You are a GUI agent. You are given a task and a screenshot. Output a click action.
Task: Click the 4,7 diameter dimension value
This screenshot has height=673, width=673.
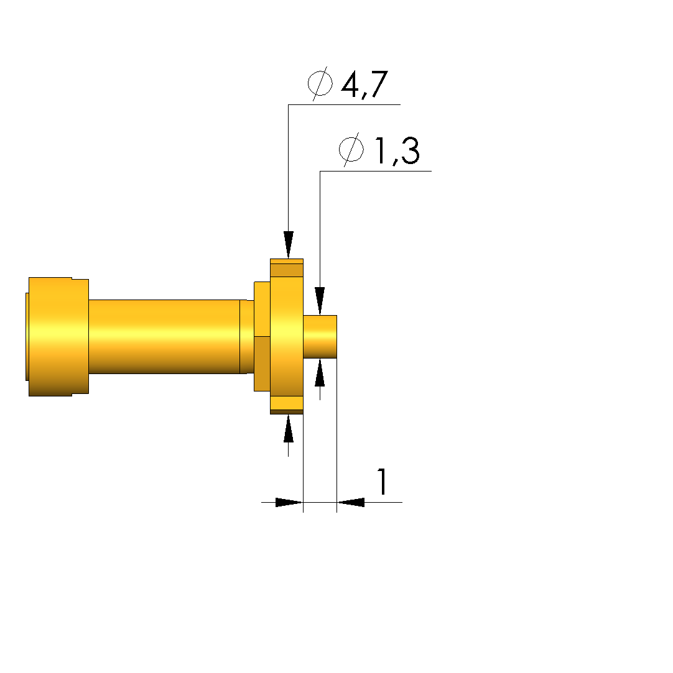(x=364, y=84)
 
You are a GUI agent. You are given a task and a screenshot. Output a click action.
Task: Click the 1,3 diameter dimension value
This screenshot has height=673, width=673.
(x=397, y=150)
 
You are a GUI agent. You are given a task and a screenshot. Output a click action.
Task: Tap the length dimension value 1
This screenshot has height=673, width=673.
(x=382, y=482)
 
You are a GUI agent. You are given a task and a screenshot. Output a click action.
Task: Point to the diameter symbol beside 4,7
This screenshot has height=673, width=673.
(x=320, y=83)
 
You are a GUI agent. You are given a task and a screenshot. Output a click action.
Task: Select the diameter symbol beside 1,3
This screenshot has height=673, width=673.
(x=351, y=149)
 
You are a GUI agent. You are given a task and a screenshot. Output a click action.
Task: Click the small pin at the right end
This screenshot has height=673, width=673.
(x=320, y=337)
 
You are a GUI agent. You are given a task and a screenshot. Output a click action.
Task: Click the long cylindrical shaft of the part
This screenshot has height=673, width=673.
(x=164, y=337)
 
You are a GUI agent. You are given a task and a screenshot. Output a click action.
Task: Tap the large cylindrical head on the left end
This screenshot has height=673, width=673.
(x=58, y=337)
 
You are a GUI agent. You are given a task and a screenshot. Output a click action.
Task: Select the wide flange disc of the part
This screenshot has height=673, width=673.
(x=287, y=337)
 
